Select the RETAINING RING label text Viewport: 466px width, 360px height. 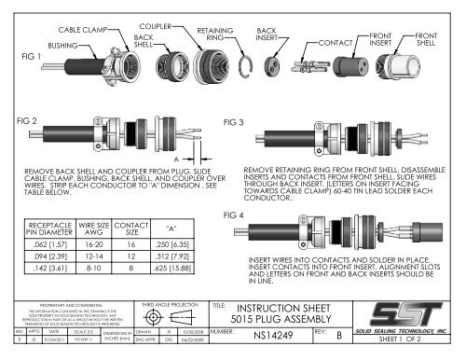213,35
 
